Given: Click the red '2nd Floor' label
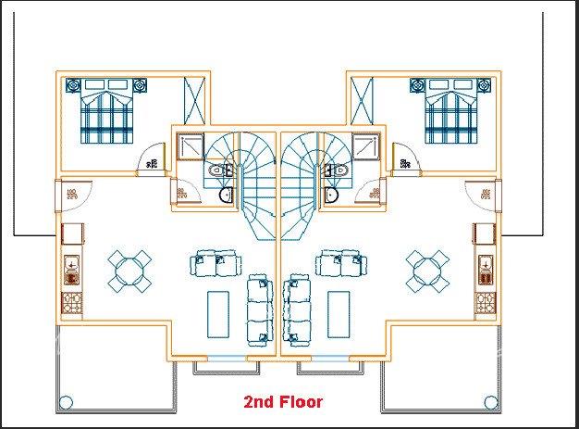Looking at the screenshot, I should (282, 402).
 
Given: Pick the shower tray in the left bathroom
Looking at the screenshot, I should (191, 146).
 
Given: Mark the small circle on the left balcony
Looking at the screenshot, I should (66, 402).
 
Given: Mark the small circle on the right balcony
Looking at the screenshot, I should (489, 402).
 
